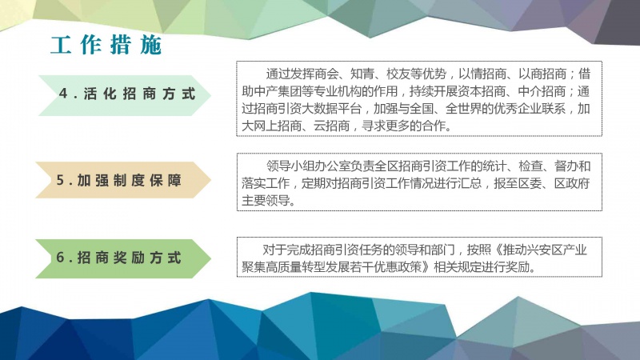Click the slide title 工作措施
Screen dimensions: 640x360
click(106, 45)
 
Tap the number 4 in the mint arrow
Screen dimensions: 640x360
click(63, 94)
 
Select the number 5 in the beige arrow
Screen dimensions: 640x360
click(61, 180)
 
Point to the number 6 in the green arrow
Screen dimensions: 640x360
click(61, 258)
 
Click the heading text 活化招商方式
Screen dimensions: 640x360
click(139, 94)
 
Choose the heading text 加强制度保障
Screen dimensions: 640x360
click(129, 180)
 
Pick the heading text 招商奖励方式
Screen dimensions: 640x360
click(129, 258)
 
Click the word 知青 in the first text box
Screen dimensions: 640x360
click(362, 74)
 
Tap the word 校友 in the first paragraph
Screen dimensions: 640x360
click(398, 74)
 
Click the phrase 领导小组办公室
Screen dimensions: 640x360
click(308, 166)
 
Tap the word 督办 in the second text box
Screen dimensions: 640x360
click(566, 166)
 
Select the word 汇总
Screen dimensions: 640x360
click(470, 183)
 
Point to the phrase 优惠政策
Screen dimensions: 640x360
click(398, 267)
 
